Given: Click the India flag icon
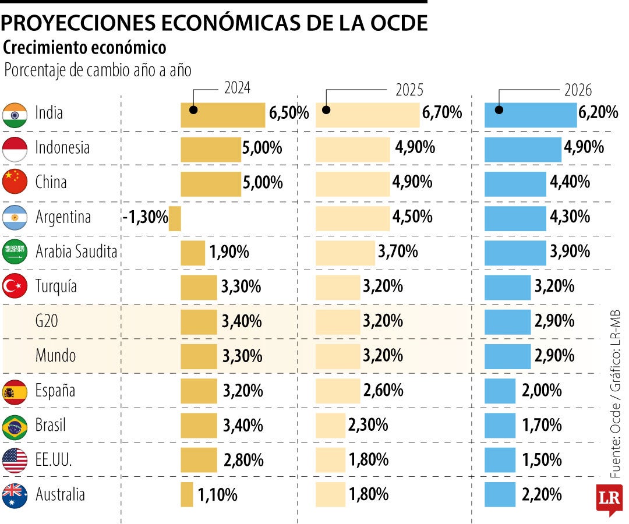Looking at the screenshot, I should click(x=15, y=114).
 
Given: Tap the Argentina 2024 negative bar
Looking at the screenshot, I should click(x=175, y=218).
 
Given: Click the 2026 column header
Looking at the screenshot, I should click(x=577, y=90).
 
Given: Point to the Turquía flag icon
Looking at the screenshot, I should click(x=15, y=286).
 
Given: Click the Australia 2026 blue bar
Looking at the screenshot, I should click(x=500, y=494).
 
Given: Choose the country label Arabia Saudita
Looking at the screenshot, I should click(x=76, y=252).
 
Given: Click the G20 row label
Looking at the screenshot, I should click(x=47, y=321).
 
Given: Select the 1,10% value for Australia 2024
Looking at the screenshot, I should click(x=217, y=495).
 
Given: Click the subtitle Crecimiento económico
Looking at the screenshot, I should click(x=84, y=47).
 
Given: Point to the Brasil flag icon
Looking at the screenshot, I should click(x=15, y=426).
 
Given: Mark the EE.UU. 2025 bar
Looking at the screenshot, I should click(x=330, y=460).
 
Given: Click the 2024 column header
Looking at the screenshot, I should click(x=237, y=88).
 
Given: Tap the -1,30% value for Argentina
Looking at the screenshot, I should click(x=145, y=218).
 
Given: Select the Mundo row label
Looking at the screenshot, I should click(x=55, y=355).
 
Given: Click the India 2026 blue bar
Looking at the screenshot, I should click(x=530, y=115).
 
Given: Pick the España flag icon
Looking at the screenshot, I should click(x=15, y=391).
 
